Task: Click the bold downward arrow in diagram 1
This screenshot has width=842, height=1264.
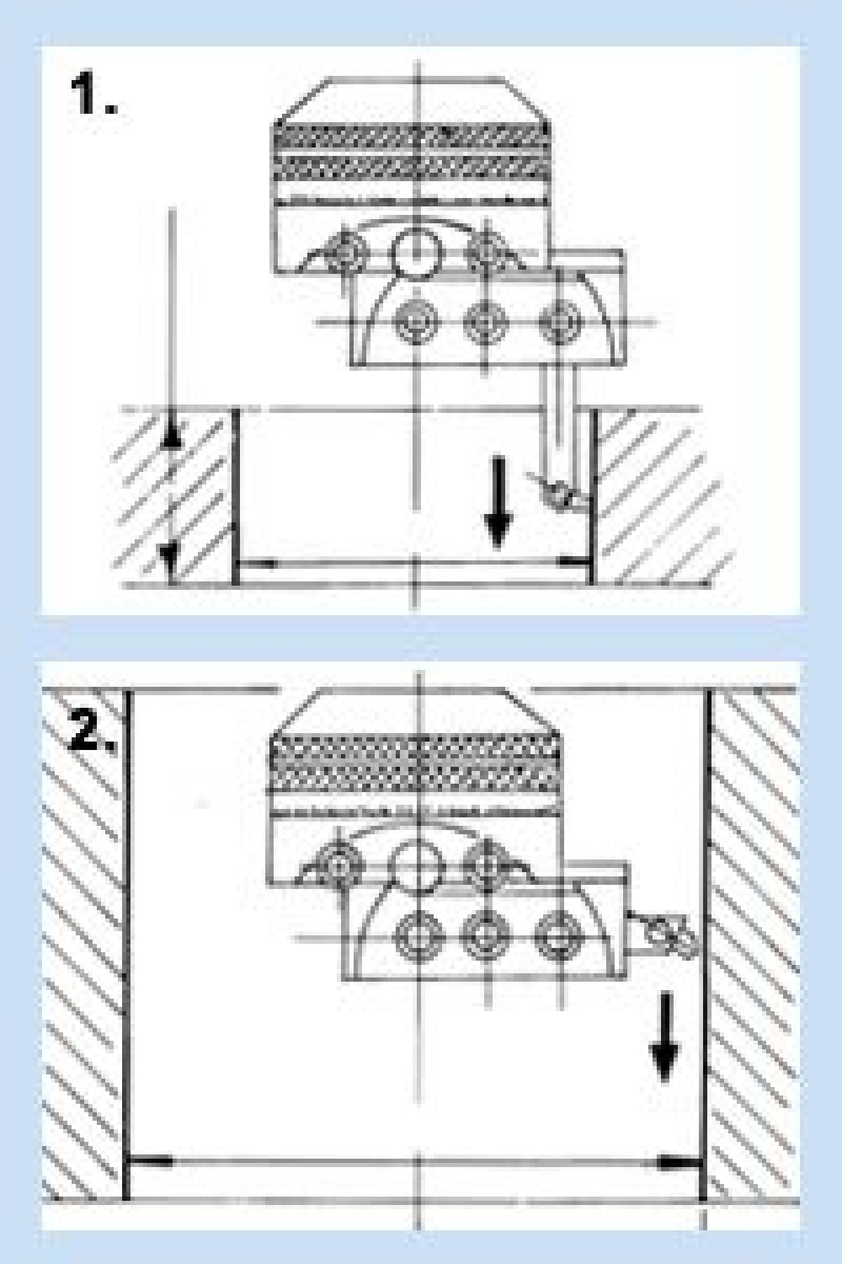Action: pyautogui.click(x=497, y=501)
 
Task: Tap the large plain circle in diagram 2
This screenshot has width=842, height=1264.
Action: pyautogui.click(x=416, y=864)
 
